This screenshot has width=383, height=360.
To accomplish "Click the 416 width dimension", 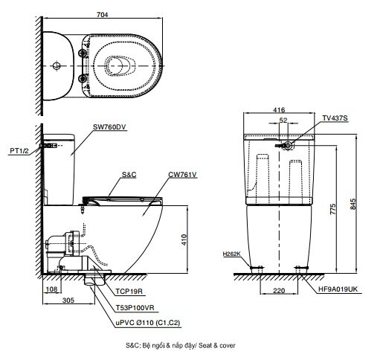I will (x=278, y=109).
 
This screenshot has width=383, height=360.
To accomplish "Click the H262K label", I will (x=231, y=254).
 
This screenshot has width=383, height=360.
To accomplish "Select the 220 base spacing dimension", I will (x=280, y=292).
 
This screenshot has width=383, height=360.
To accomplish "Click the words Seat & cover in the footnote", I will (x=218, y=347).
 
